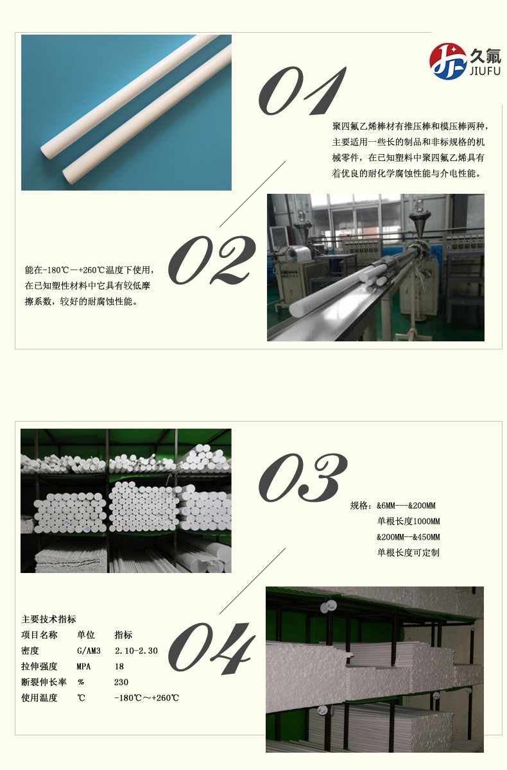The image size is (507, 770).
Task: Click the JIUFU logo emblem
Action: coord(448,62)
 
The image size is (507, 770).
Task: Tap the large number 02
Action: coord(212,260)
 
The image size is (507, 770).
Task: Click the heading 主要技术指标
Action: coord(49,619)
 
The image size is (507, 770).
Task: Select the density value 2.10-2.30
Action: coord(135,651)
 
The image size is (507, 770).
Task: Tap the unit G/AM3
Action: coord(89,651)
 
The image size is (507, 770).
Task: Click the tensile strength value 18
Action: coord(119,667)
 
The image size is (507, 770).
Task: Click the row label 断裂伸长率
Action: coord(44,682)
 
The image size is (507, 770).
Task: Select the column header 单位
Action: coord(86,635)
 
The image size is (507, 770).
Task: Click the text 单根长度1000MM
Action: coord(408,521)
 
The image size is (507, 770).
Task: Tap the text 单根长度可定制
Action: coord(408,552)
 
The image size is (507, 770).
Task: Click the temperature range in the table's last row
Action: coord(146,698)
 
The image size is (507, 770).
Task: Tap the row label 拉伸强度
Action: coord(39,667)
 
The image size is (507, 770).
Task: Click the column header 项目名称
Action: coord(39,635)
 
